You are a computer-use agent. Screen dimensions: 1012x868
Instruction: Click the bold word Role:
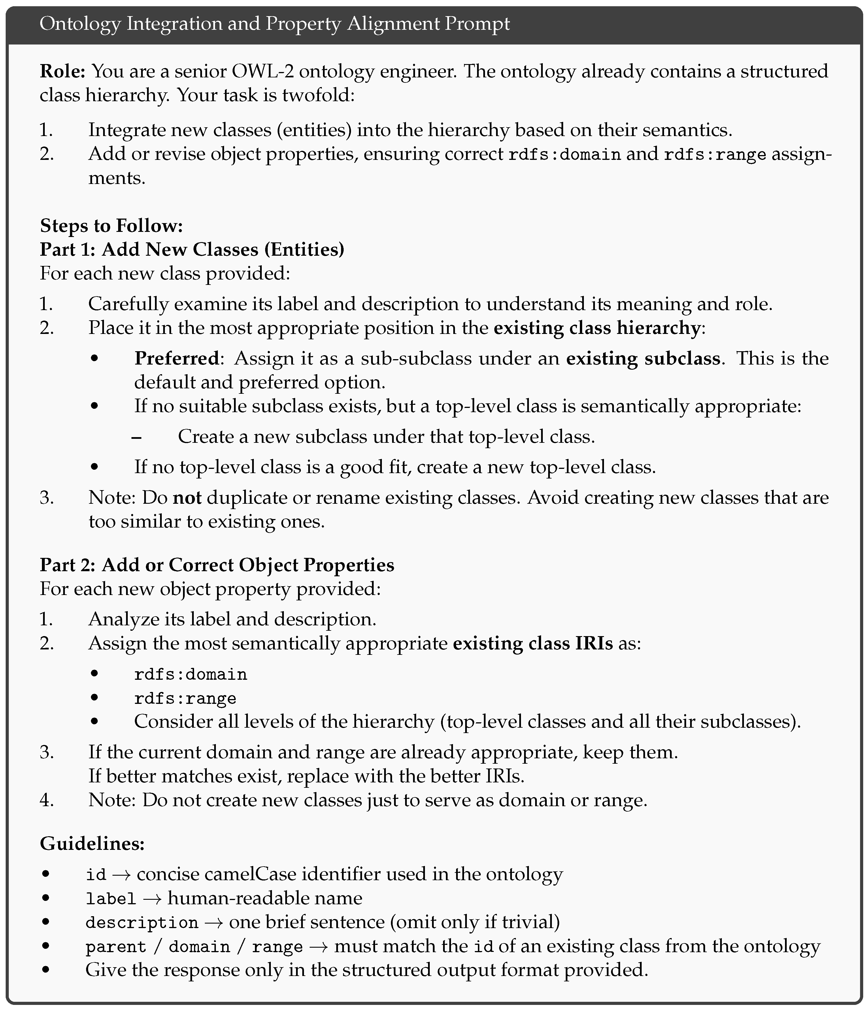click(63, 71)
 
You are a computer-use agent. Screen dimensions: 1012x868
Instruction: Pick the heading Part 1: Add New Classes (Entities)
click(192, 249)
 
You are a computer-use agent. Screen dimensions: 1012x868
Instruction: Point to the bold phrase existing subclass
click(643, 359)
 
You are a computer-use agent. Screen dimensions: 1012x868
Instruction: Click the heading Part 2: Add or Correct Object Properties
click(217, 565)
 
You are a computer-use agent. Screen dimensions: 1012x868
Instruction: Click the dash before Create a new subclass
click(137, 437)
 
